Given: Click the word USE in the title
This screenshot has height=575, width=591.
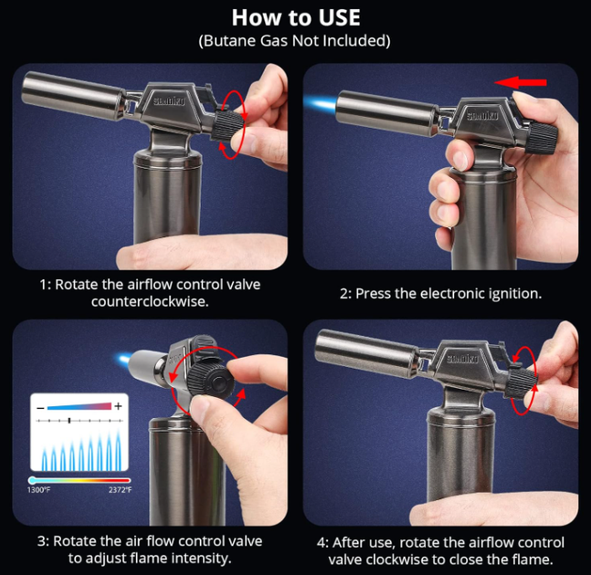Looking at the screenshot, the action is click(339, 17).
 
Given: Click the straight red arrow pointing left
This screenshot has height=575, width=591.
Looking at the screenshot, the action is click(520, 82).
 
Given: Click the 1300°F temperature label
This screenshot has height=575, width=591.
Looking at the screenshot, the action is click(38, 490).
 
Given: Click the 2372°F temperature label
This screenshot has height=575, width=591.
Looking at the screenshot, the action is click(121, 490).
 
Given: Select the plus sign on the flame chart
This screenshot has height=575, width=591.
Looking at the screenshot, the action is click(119, 406).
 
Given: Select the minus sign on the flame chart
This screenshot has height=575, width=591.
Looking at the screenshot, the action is click(41, 408).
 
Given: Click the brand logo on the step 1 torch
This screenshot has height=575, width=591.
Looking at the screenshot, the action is click(169, 101).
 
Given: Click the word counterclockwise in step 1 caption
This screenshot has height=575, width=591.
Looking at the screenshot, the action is click(150, 301).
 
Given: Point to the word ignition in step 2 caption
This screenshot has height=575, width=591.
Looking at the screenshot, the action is click(515, 294).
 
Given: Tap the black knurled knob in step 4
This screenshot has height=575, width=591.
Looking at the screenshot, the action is click(522, 382).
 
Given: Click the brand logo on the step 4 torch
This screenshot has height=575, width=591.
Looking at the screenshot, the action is click(462, 359).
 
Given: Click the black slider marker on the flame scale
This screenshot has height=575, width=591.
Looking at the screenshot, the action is click(69, 420).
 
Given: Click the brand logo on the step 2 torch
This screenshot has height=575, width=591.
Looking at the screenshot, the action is click(482, 116).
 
